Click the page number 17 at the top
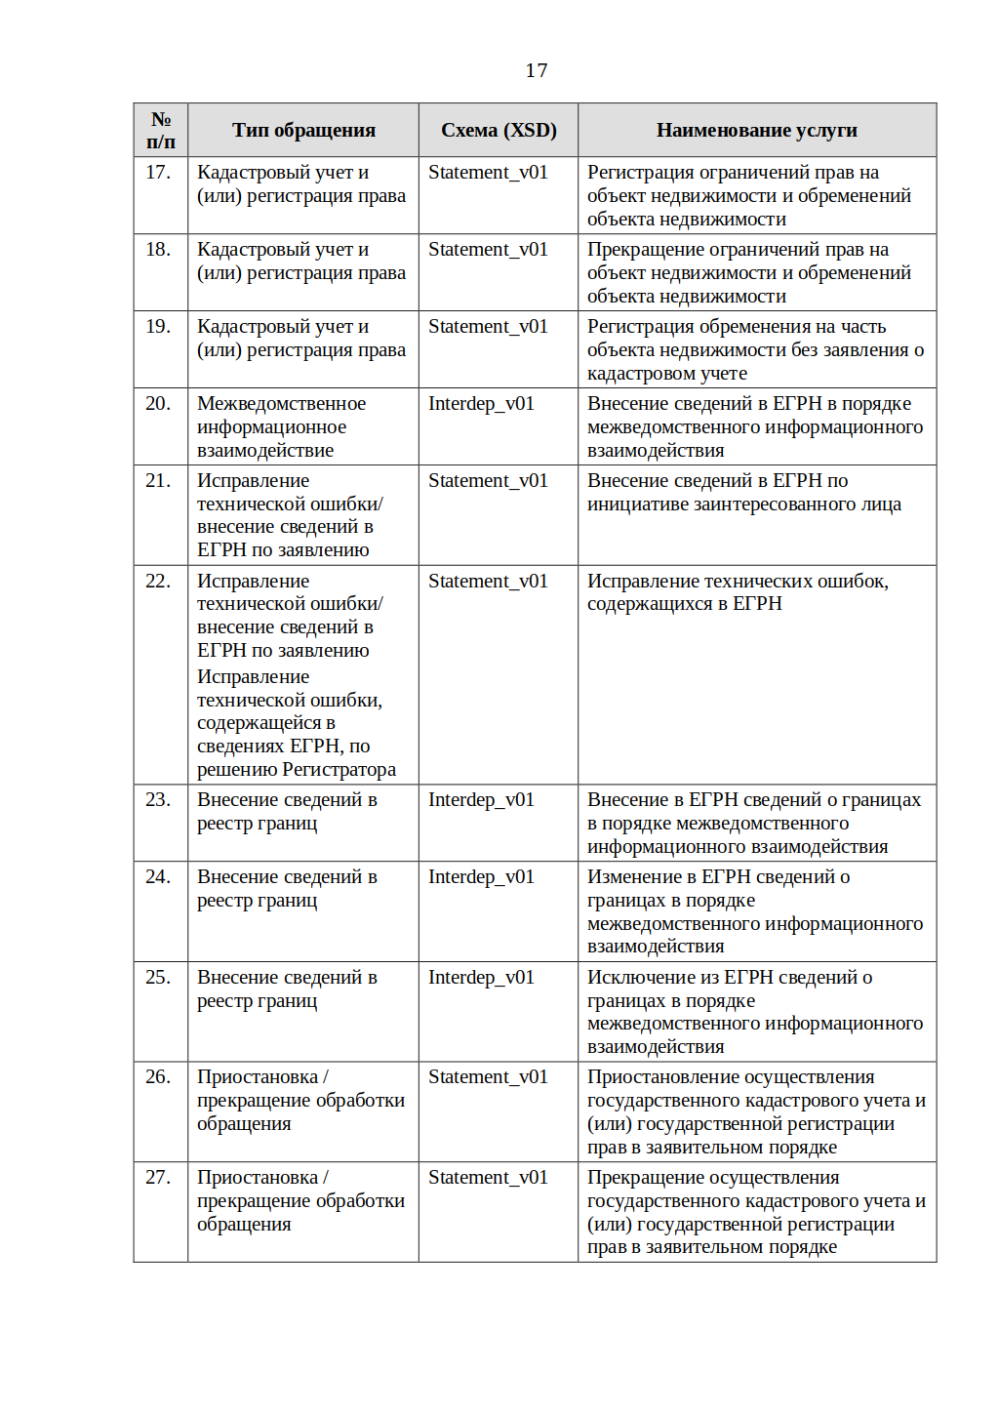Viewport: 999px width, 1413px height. (x=537, y=70)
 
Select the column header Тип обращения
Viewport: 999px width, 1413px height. (x=303, y=130)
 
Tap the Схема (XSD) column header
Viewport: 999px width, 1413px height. (x=499, y=130)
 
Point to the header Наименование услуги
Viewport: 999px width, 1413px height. (x=756, y=130)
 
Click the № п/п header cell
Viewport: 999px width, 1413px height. (x=161, y=130)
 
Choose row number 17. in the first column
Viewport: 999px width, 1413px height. (x=158, y=173)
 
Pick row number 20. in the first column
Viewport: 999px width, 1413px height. (x=158, y=404)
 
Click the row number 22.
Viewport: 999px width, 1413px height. (x=158, y=582)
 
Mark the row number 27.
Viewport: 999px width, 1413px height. (x=158, y=1178)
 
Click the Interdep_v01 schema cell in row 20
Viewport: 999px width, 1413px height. (x=481, y=404)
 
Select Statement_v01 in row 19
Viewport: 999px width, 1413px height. (x=488, y=327)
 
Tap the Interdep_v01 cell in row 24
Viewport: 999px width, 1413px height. (x=481, y=877)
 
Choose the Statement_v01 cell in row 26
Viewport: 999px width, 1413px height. (x=488, y=1077)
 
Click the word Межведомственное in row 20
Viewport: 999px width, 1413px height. (x=281, y=404)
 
